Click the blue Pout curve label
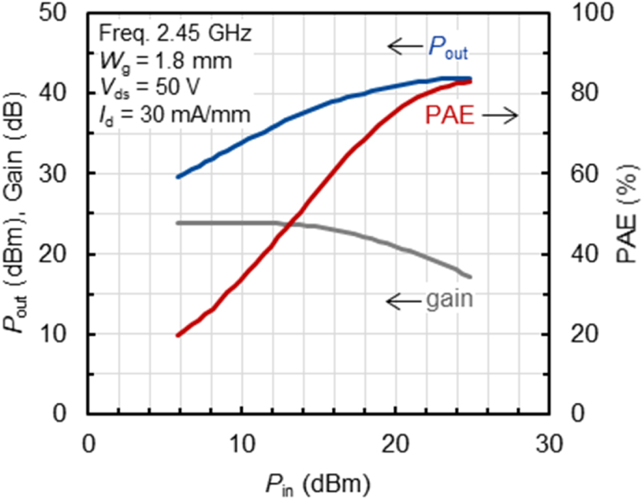[448, 50]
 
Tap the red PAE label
[448, 116]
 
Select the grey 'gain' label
[448, 299]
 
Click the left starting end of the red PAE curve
[178, 335]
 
